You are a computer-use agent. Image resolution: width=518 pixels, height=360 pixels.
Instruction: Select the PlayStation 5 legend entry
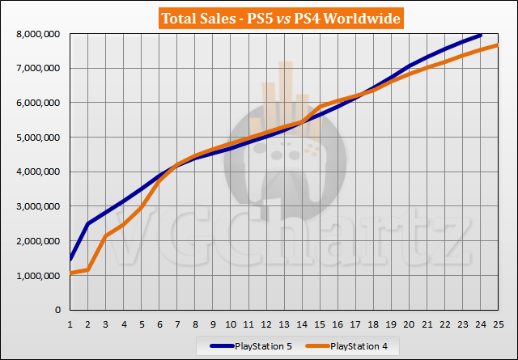[x=258, y=345]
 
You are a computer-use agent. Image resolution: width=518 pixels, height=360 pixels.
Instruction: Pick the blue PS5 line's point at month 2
[x=88, y=223]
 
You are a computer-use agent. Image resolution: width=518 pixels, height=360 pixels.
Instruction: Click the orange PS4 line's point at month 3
[x=106, y=236]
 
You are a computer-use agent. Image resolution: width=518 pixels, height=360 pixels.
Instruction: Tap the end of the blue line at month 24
[x=479, y=36]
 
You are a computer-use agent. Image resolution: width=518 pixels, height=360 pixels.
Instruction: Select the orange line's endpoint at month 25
[x=497, y=45]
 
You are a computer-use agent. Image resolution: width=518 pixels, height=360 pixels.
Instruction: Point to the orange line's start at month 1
[x=71, y=273]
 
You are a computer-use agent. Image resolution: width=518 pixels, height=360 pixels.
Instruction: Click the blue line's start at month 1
[x=71, y=260]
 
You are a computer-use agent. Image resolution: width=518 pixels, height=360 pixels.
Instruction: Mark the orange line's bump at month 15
[x=320, y=107]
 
